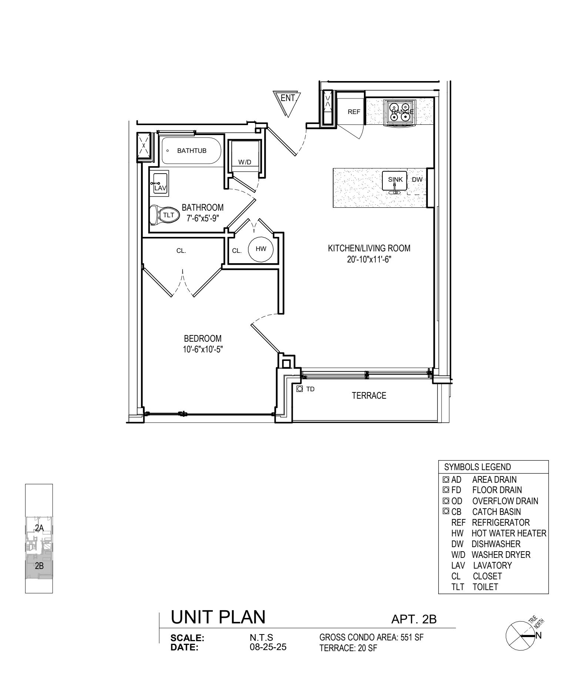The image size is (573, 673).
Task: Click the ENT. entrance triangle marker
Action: (x=287, y=101)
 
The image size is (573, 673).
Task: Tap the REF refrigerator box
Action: (x=353, y=111)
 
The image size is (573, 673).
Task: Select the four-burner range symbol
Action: (x=400, y=111)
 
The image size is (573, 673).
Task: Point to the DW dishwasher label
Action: (x=417, y=180)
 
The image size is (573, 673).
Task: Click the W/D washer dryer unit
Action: (x=244, y=155)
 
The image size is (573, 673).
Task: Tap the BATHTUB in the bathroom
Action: (x=191, y=151)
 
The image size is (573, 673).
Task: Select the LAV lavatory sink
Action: (x=160, y=183)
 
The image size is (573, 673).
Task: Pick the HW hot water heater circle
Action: (x=261, y=249)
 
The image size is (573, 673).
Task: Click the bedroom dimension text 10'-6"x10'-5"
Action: (x=203, y=349)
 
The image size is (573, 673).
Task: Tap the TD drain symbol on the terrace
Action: (x=299, y=389)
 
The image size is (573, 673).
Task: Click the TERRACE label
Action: (x=369, y=396)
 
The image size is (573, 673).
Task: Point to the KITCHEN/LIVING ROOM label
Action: (x=369, y=248)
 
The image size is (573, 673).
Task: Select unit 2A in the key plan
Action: (x=39, y=528)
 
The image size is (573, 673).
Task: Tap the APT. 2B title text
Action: (x=414, y=619)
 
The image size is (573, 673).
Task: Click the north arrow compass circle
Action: (x=520, y=636)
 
